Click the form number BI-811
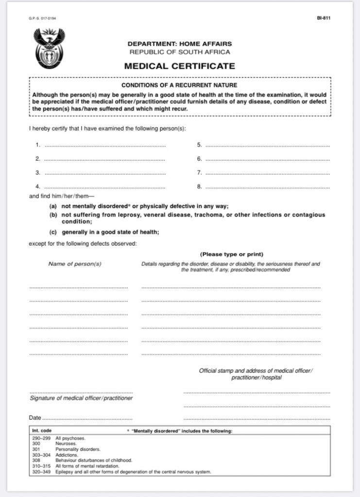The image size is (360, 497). pos(324,18)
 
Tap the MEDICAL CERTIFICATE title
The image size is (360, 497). pos(179,66)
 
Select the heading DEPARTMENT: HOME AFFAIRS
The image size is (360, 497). pos(180,44)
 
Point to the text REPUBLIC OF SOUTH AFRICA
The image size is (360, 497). pos(180,52)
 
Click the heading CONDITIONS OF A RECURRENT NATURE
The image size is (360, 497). pos(179,85)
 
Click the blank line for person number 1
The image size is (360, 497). pos(104,146)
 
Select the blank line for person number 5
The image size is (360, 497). pos(267,146)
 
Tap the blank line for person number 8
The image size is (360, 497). pos(267,187)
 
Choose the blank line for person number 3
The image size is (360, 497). pos(104,173)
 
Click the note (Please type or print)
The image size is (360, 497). pos(231,254)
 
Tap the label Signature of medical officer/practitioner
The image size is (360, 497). pos(81,398)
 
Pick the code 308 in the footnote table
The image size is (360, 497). pos(35,460)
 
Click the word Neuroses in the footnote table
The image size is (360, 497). pos(66,444)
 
